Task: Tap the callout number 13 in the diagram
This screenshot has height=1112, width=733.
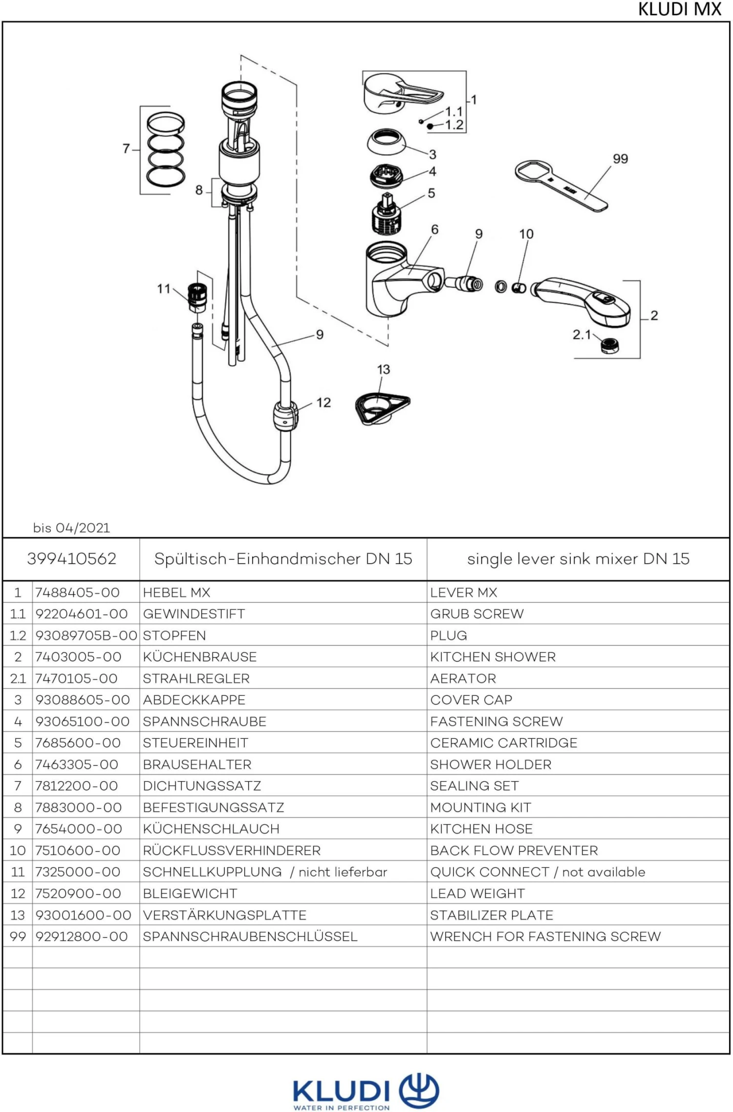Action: click(x=383, y=370)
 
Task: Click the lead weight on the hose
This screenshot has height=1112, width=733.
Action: click(x=285, y=415)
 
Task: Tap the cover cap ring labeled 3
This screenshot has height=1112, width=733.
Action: click(x=386, y=142)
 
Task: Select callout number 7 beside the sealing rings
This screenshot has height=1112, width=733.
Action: click(x=126, y=148)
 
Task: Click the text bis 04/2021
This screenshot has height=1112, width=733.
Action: click(x=71, y=528)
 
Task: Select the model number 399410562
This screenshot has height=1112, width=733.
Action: click(x=71, y=559)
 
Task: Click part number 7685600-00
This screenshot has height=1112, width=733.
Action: click(x=78, y=743)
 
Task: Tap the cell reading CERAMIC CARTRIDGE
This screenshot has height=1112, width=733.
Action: click(x=503, y=743)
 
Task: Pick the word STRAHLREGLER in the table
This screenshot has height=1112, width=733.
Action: click(x=196, y=678)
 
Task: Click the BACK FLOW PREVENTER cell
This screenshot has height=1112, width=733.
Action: click(x=514, y=850)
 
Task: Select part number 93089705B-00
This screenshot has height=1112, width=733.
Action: click(x=86, y=635)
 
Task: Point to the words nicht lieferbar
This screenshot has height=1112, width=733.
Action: click(x=343, y=872)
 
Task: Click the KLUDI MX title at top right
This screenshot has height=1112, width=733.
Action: click(x=679, y=9)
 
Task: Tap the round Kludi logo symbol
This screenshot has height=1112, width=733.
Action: click(x=419, y=1090)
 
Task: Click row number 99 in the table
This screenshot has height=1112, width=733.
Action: click(x=18, y=936)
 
